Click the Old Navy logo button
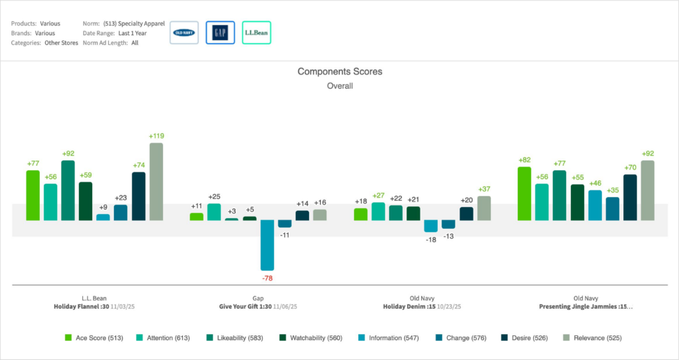point(184,32)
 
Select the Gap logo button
point(220,32)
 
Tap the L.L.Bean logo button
point(256,32)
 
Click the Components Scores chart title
point(339,72)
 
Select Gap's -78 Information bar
point(267,245)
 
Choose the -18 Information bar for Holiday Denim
point(431,226)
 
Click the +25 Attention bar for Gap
point(214,211)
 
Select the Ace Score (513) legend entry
point(93,338)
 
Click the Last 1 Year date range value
point(132,32)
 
